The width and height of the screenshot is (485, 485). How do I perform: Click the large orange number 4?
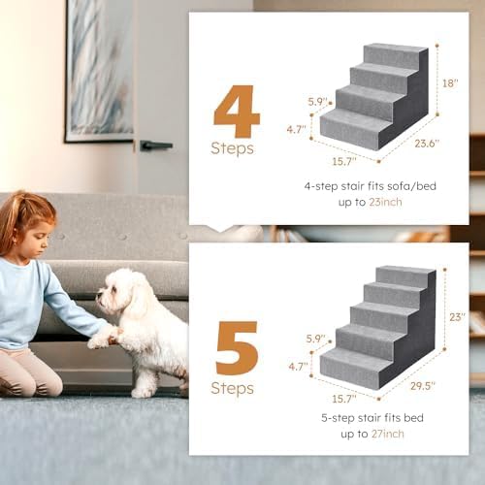point(237,112)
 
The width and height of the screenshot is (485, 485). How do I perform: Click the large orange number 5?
point(237,347)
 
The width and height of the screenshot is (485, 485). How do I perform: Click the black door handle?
point(155,145)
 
